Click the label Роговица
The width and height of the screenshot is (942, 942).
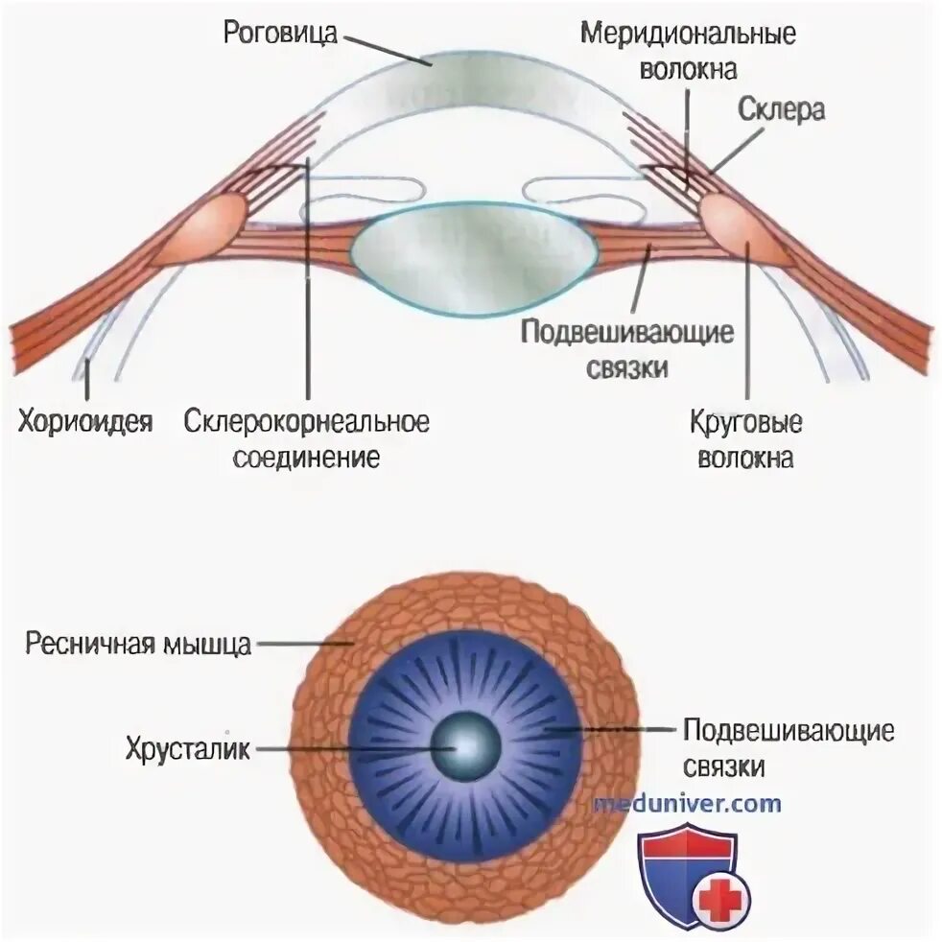[280, 33]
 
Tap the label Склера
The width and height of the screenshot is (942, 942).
[781, 109]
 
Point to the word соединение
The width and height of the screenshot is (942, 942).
[307, 457]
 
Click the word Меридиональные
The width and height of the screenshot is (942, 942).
[688, 35]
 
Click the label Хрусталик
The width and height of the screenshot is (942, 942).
[187, 748]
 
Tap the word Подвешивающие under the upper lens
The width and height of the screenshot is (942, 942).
[627, 333]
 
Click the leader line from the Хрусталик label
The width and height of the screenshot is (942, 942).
[345, 748]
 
